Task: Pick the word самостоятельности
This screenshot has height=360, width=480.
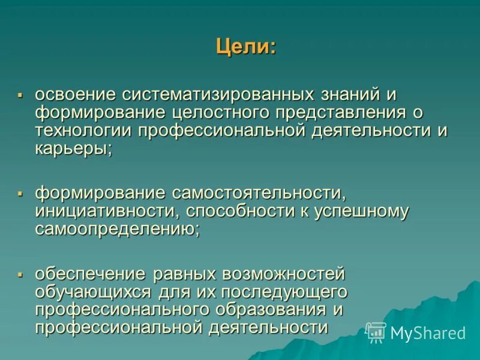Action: pos(259,193)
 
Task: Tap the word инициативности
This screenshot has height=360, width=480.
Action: pos(108,211)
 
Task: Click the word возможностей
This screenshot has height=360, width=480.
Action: pos(284,274)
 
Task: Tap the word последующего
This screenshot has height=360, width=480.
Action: pos(285,292)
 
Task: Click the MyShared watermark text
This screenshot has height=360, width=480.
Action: pos(428,333)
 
